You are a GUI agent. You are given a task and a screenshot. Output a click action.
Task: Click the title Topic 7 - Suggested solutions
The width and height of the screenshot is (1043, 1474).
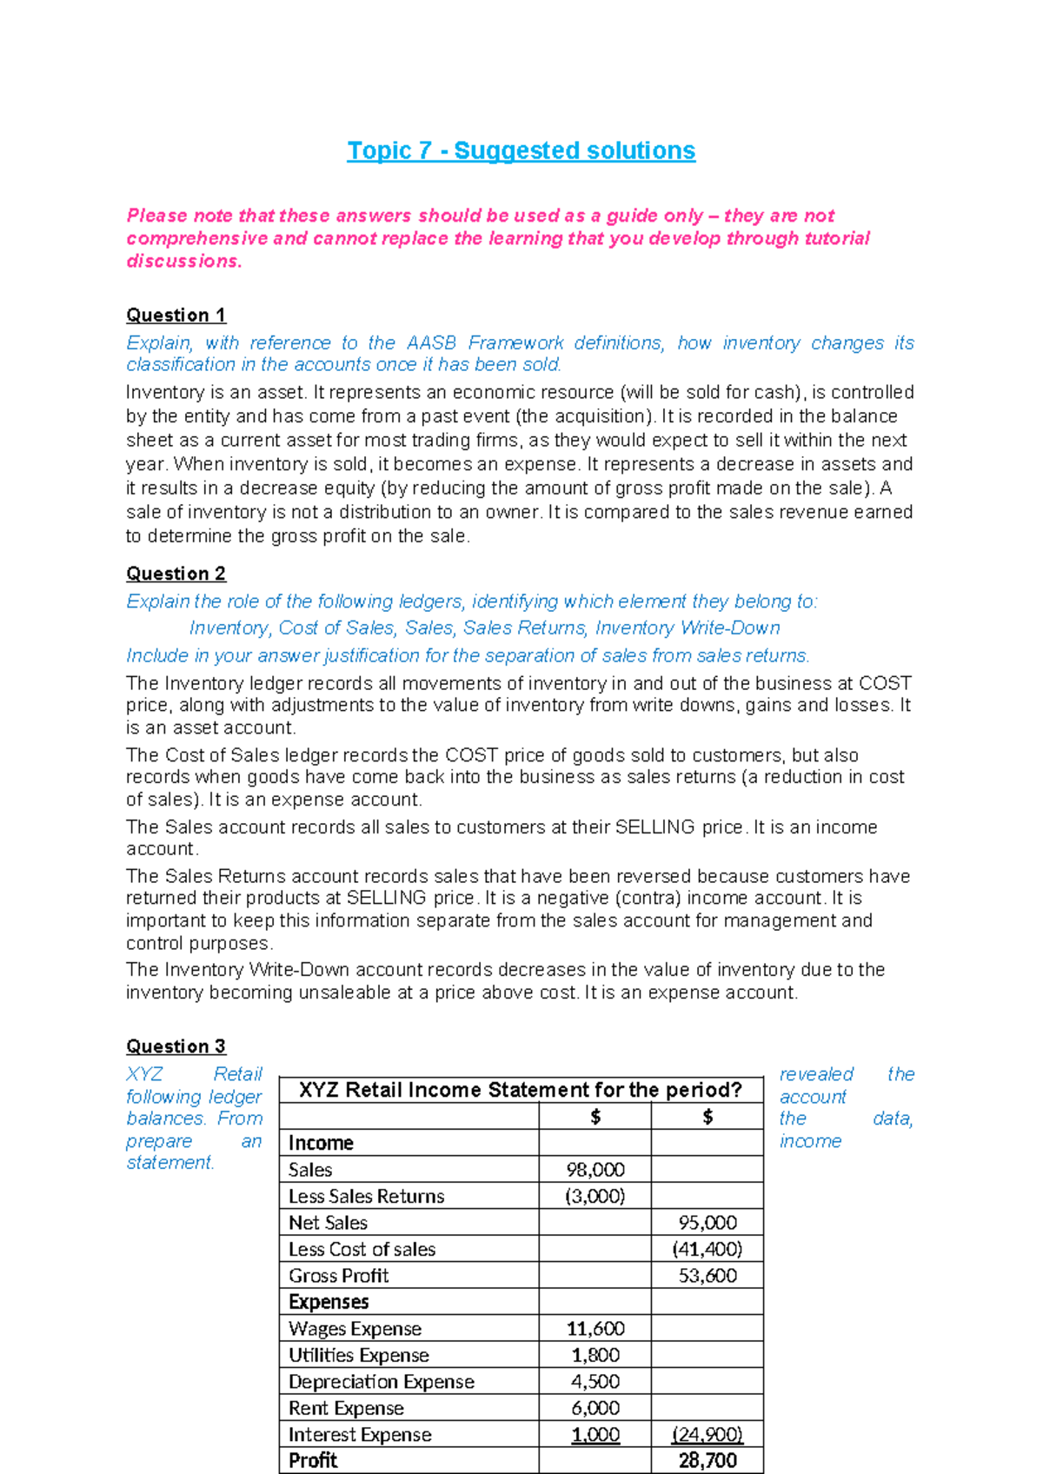(x=521, y=150)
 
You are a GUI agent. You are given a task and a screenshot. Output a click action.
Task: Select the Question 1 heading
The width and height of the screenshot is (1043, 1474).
(x=176, y=315)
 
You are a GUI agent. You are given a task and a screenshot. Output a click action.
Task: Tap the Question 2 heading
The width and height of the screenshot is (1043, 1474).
(x=176, y=574)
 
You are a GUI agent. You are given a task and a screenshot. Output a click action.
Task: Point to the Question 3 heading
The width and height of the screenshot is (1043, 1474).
(x=176, y=1046)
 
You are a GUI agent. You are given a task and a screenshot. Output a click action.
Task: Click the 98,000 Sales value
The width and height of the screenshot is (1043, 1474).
(x=595, y=1170)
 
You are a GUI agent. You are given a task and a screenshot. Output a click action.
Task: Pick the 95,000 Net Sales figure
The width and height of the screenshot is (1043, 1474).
(x=708, y=1223)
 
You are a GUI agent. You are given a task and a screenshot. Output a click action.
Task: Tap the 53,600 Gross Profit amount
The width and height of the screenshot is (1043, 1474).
(x=708, y=1276)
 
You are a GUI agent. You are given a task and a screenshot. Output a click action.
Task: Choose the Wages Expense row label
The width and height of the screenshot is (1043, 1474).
(x=355, y=1329)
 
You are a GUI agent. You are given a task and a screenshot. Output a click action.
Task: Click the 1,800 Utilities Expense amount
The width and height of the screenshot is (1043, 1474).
(x=595, y=1355)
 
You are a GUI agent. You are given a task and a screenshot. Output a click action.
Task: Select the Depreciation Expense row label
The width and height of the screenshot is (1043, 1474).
(x=382, y=1382)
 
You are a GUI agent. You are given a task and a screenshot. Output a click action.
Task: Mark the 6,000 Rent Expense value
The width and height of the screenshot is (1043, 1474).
(x=595, y=1408)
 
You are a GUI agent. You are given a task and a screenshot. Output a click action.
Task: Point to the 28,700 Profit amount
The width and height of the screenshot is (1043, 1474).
(x=708, y=1461)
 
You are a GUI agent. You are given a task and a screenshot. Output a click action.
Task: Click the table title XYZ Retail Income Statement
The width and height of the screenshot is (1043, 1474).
(x=521, y=1090)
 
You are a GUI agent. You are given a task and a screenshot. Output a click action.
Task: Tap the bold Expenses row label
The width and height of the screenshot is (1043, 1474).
(x=329, y=1302)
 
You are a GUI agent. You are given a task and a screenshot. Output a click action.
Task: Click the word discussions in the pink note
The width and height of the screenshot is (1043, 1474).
(x=183, y=261)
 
